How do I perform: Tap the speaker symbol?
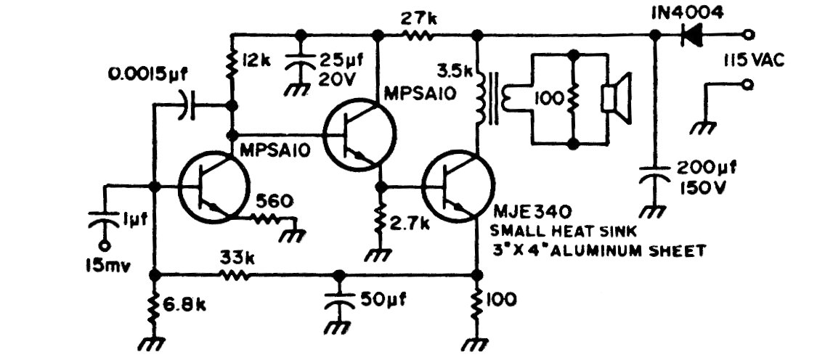coord(613,99)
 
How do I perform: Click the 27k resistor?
coord(420,34)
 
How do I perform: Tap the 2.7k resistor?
coord(380,221)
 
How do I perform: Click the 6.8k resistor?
coord(155,308)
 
